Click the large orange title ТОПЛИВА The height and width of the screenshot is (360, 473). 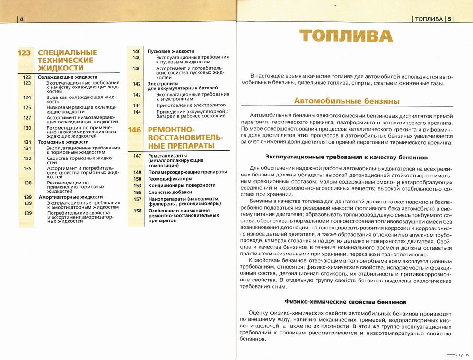[x=346, y=36]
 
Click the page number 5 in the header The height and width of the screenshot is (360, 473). [x=450, y=19]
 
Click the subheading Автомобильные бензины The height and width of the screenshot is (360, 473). [x=347, y=101]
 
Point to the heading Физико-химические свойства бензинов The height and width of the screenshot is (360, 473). [x=346, y=301]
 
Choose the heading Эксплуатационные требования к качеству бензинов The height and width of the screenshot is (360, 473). [x=346, y=157]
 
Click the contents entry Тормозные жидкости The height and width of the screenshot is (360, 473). [x=63, y=142]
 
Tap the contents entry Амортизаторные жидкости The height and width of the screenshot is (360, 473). [x=70, y=197]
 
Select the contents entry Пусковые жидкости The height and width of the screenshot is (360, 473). [x=171, y=51]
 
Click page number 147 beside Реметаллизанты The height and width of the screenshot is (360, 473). [x=137, y=156]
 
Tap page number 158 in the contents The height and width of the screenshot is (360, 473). [x=137, y=211]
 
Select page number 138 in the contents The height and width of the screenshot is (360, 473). [x=27, y=183]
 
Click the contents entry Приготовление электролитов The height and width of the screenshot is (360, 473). [x=191, y=105]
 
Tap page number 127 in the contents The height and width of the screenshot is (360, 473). [x=27, y=117]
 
